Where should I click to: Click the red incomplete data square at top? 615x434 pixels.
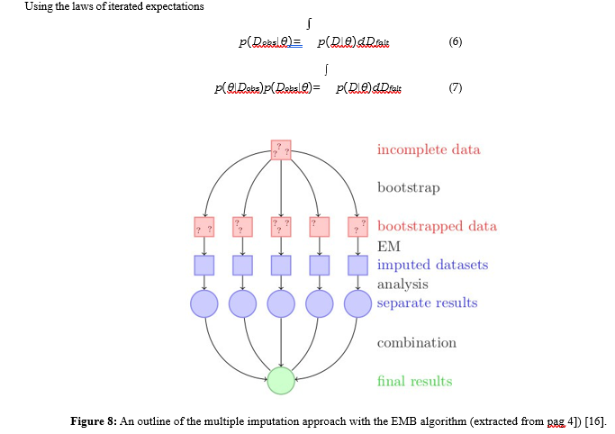click(x=282, y=150)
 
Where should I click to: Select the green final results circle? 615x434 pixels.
click(x=282, y=380)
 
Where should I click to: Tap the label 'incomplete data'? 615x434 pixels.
click(x=429, y=149)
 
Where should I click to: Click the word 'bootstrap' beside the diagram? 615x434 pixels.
click(x=409, y=188)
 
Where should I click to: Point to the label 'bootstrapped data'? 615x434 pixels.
click(x=437, y=226)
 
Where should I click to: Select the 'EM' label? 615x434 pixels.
click(x=388, y=245)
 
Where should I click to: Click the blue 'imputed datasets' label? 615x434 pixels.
click(x=432, y=265)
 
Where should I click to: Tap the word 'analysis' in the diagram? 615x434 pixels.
click(x=402, y=285)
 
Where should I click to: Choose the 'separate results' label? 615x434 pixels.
click(x=427, y=303)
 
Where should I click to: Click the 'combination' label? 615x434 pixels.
click(x=416, y=343)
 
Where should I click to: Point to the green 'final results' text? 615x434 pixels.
click(x=414, y=382)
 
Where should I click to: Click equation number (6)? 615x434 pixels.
click(x=455, y=42)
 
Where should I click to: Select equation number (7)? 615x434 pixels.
click(x=455, y=88)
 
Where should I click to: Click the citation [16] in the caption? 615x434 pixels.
click(x=594, y=420)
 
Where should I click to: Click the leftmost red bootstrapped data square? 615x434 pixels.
click(x=204, y=227)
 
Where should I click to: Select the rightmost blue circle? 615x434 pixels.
click(x=358, y=303)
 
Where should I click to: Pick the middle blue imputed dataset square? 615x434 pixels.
click(x=282, y=266)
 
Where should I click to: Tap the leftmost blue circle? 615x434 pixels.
click(x=204, y=303)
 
